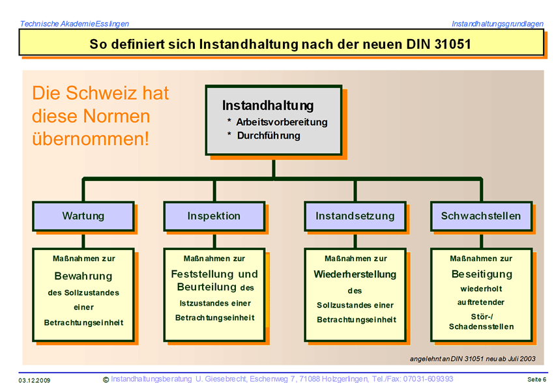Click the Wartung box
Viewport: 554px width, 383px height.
tap(83, 216)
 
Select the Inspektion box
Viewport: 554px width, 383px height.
tap(214, 216)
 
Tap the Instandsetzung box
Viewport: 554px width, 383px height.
tap(355, 216)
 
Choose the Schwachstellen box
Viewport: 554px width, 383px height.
tap(481, 216)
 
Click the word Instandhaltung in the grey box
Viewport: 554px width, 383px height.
tap(268, 106)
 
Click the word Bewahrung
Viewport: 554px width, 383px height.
tap(83, 276)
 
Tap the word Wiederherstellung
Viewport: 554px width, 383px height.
tap(355, 274)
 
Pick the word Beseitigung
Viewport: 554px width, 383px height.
tap(482, 274)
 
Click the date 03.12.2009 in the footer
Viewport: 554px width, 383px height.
tap(35, 380)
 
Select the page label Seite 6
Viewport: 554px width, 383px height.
tap(536, 380)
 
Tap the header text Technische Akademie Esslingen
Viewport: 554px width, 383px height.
tap(74, 23)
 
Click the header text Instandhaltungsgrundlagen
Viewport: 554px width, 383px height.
tap(497, 23)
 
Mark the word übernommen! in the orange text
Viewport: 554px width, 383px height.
tap(91, 138)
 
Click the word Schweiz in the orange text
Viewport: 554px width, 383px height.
tap(101, 93)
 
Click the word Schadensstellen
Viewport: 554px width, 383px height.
tap(481, 326)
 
